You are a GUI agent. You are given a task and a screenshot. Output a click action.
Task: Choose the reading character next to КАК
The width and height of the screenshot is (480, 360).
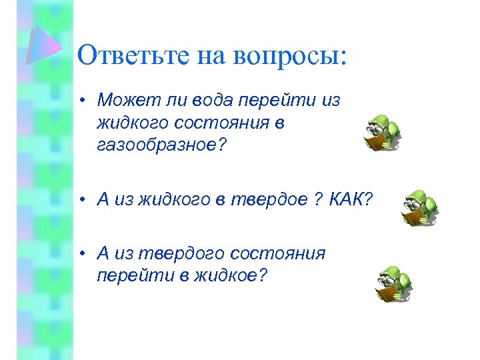(419, 207)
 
